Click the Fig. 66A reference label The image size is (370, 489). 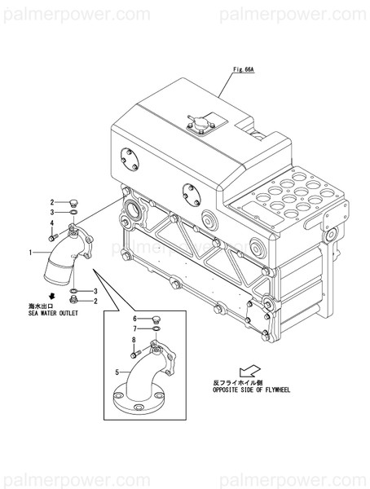tap(244, 71)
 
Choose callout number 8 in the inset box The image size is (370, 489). tap(133, 339)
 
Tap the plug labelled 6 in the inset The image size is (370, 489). tap(156, 319)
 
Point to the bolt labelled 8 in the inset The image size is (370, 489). tap(134, 353)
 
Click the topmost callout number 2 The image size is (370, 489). tap(51, 202)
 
